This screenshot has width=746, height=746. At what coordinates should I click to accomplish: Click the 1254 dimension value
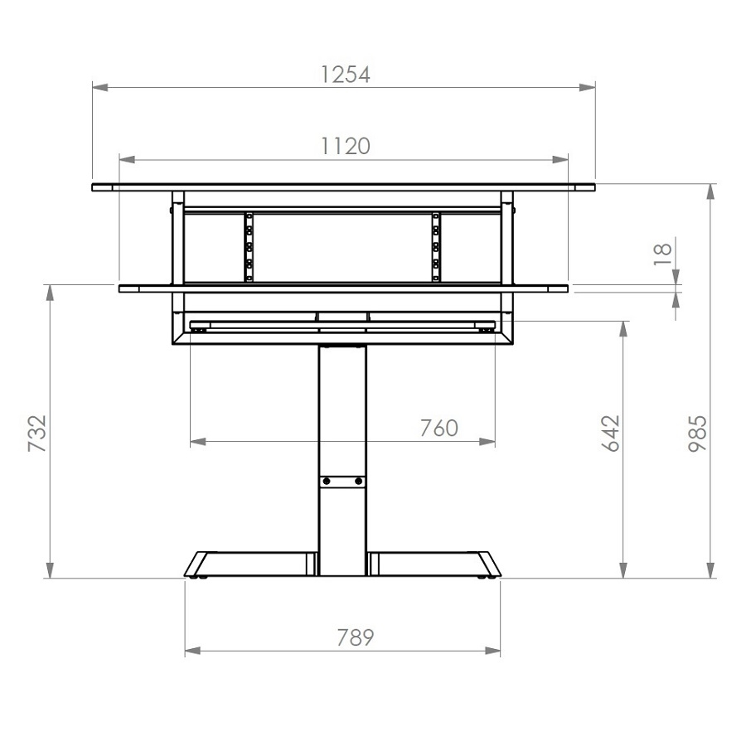(345, 75)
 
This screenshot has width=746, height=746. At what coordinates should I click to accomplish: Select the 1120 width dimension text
(345, 147)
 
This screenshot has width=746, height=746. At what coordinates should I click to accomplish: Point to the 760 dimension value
(438, 429)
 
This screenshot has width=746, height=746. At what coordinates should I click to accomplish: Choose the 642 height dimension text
(610, 434)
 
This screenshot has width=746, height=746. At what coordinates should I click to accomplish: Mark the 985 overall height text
(698, 434)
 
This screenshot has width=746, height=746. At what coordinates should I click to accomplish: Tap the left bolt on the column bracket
(327, 481)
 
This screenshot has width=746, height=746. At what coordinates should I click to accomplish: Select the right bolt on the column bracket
(358, 481)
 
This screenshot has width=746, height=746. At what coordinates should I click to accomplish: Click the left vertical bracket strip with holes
(248, 247)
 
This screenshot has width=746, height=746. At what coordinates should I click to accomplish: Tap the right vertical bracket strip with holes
(436, 247)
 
